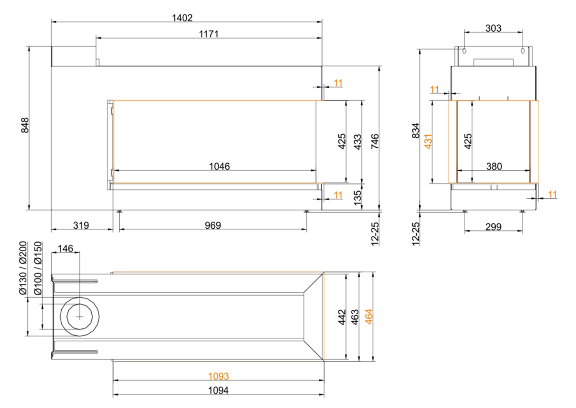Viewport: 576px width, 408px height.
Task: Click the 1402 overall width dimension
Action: (182, 18)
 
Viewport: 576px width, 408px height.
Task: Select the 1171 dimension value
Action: (209, 34)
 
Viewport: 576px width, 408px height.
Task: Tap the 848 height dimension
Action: (25, 125)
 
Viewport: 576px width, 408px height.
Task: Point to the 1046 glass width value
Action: (219, 166)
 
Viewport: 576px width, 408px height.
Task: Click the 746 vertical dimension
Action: (375, 141)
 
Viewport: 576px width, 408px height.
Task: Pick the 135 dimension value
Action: (358, 197)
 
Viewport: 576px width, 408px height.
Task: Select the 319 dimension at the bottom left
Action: (81, 225)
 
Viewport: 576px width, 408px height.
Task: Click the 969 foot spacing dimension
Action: (213, 225)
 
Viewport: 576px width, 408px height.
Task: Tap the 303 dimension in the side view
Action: (493, 28)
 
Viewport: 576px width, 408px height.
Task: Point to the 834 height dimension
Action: (416, 130)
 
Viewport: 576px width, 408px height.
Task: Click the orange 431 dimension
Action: (428, 141)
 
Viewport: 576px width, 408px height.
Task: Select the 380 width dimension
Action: (494, 166)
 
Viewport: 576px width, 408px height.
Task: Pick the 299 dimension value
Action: (493, 227)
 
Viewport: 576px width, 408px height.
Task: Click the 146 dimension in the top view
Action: (65, 248)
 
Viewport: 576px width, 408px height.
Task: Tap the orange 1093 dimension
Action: (218, 376)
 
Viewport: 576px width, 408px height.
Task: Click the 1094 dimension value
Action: (218, 390)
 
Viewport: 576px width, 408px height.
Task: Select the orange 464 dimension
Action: (369, 317)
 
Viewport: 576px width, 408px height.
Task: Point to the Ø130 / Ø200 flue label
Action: (23, 268)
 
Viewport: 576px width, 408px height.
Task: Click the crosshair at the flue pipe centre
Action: (79, 317)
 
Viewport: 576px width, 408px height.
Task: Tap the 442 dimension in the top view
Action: (342, 317)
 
